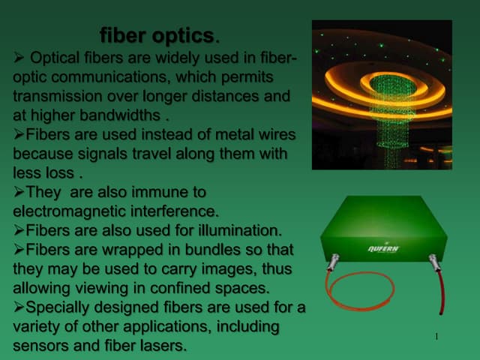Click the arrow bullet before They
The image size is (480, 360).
[19, 191]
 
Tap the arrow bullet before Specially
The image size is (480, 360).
[19, 307]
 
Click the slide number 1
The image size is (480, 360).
[436, 335]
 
